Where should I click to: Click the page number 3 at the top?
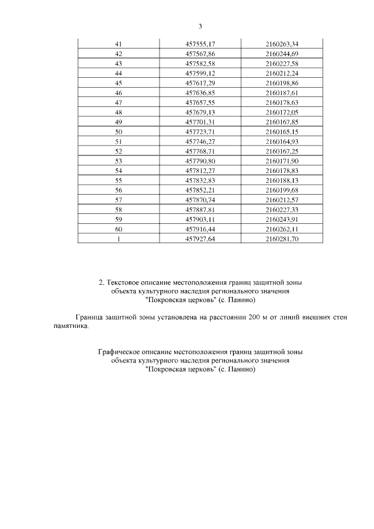[x=200, y=26]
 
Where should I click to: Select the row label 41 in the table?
[x=119, y=44]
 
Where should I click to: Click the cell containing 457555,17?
[x=200, y=44]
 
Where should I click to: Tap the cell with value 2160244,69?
[x=282, y=54]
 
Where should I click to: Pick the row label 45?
[x=119, y=84]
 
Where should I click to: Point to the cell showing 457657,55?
[x=200, y=103]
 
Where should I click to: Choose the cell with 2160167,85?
[x=282, y=123]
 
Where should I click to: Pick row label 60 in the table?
[x=119, y=229]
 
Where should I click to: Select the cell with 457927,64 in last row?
[x=200, y=239]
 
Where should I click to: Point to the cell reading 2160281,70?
[x=282, y=239]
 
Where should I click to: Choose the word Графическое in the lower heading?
[x=119, y=353]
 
